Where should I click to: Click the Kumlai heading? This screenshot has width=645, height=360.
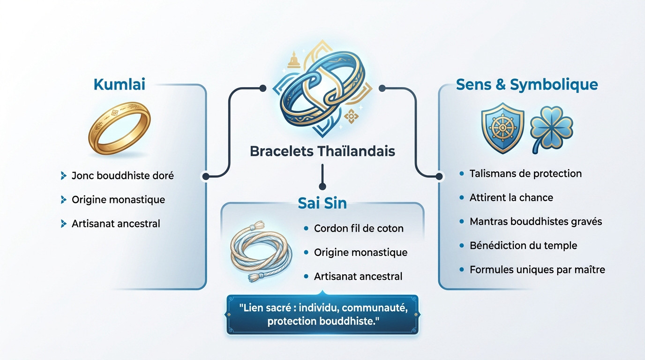[119, 85]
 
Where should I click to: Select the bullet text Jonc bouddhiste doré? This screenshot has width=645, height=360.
[122, 176]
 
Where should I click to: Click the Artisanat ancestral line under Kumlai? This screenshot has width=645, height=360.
[116, 224]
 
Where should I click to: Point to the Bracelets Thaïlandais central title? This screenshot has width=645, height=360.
[322, 152]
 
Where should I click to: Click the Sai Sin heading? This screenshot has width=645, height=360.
[322, 203]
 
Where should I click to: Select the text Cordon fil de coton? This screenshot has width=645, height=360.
[359, 229]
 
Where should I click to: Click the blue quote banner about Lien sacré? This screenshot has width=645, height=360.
[322, 314]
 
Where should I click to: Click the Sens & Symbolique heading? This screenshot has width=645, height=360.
[526, 85]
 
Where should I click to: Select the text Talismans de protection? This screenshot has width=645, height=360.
[525, 173]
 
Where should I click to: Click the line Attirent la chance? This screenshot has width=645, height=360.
[511, 198]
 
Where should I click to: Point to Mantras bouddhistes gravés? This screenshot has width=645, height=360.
[536, 221]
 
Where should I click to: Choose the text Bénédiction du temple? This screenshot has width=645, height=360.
[523, 246]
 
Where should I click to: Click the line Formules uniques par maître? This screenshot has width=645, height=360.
[537, 270]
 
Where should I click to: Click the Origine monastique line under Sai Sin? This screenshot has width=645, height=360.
[360, 253]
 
